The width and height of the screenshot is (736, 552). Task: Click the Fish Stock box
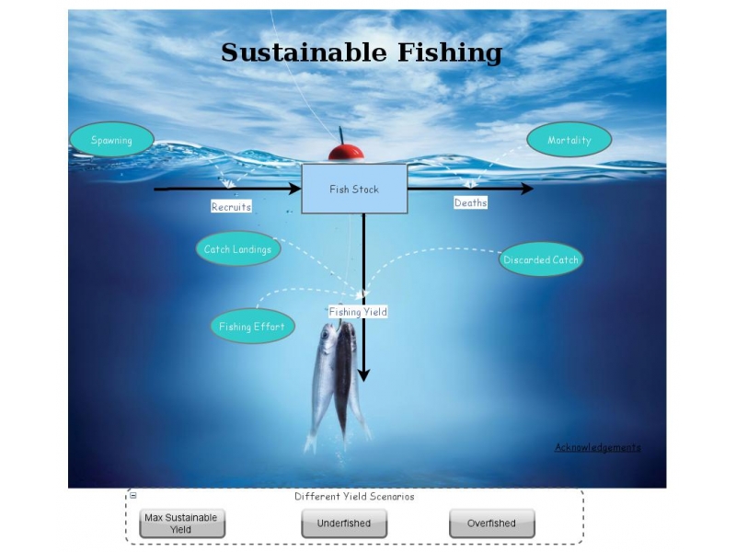[354, 190]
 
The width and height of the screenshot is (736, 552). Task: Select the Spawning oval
[111, 140]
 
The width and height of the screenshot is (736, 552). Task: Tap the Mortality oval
[569, 140]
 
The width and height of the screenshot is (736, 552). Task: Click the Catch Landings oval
[237, 249]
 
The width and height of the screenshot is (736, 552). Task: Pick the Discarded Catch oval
[541, 259]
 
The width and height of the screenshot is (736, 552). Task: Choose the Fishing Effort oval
[251, 327]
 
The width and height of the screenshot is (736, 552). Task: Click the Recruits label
[231, 207]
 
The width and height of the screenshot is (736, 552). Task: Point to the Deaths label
[470, 202]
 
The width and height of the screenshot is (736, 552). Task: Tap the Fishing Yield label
[358, 312]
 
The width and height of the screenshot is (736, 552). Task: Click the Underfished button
[344, 523]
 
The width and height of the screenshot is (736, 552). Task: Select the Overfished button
[491, 523]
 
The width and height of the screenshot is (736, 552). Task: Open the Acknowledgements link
[597, 447]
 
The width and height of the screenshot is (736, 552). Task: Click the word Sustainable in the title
[304, 52]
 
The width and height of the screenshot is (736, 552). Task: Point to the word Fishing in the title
[449, 52]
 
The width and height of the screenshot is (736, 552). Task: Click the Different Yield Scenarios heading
[354, 497]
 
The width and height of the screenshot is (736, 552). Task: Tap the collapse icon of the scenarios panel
[133, 496]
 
